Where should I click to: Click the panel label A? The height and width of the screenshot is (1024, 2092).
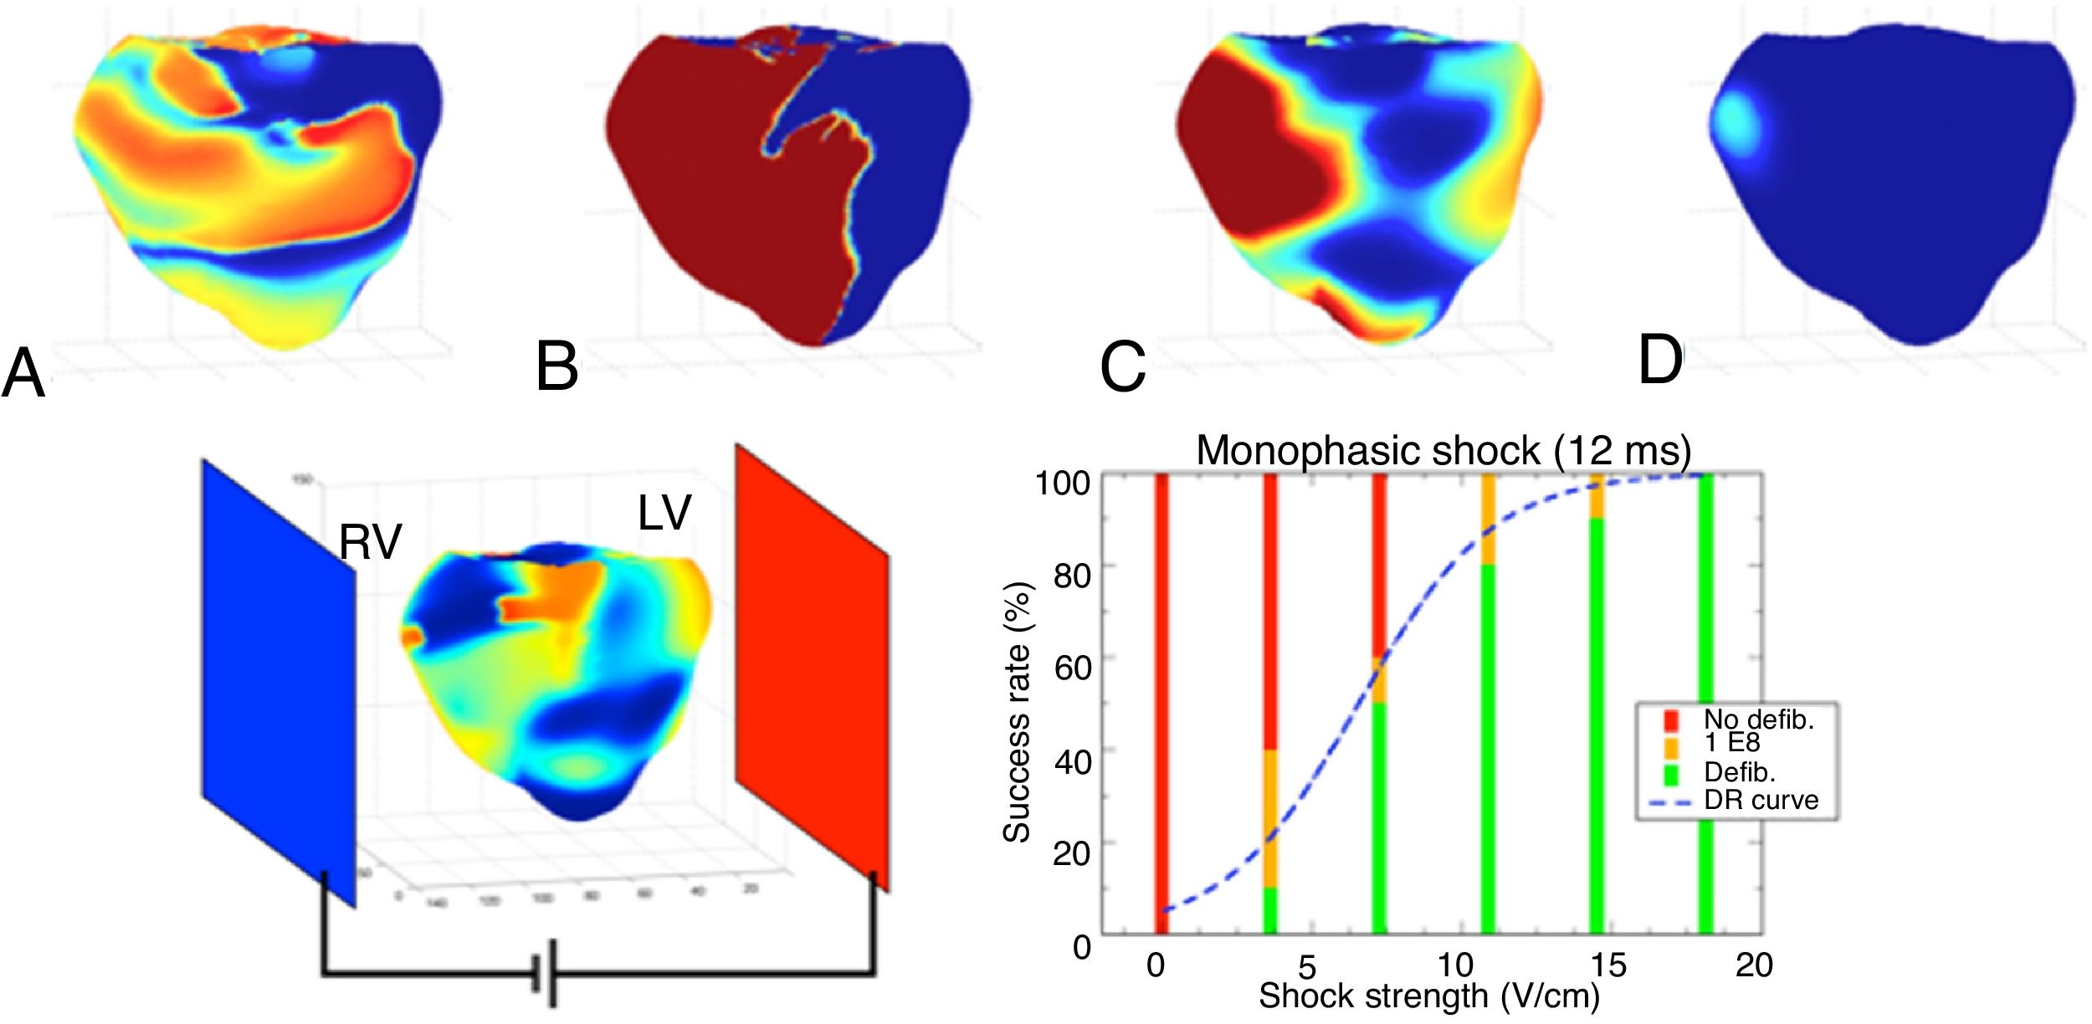coord(23,376)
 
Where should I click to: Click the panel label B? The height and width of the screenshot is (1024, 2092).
coord(557,367)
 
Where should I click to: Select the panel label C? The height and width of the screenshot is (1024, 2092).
coord(1122,368)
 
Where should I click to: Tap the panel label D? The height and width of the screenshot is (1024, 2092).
coord(1659,361)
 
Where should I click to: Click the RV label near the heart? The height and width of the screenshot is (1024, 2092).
coord(370,543)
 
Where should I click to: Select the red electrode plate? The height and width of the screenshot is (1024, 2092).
coord(812,669)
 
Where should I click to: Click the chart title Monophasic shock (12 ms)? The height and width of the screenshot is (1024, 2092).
coord(1443,451)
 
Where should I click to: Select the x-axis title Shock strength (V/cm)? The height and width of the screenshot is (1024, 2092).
coord(1428,996)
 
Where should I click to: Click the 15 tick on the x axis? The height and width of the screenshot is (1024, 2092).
coord(1607,965)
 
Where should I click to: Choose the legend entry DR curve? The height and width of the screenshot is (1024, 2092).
coord(1761,801)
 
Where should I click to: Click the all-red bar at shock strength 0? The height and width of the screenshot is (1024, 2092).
coord(1161,703)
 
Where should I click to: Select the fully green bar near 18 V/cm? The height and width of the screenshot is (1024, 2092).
coord(1705,703)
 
